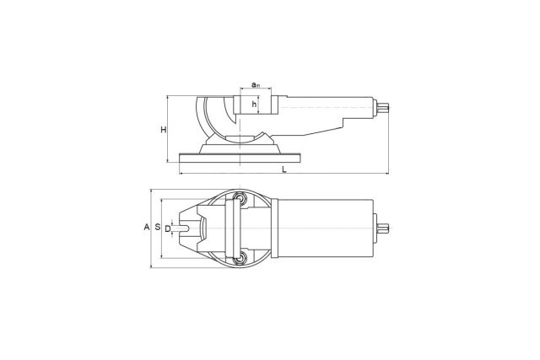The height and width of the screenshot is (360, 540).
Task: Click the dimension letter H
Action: click(x=164, y=130)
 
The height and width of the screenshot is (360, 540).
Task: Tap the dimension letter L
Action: click(x=284, y=169)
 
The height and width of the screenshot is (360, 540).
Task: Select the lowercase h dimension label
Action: click(x=254, y=104)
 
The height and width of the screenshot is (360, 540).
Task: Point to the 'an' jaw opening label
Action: click(x=255, y=84)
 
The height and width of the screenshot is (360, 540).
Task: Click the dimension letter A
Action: click(x=147, y=227)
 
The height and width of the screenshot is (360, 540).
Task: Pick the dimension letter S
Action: click(x=158, y=227)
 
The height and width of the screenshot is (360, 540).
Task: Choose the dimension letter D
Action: click(x=167, y=228)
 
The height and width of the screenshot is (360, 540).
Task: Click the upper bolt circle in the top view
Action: click(x=238, y=197)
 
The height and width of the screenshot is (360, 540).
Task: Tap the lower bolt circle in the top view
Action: click(x=238, y=259)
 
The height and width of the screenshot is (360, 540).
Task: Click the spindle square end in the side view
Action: click(x=382, y=108)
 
